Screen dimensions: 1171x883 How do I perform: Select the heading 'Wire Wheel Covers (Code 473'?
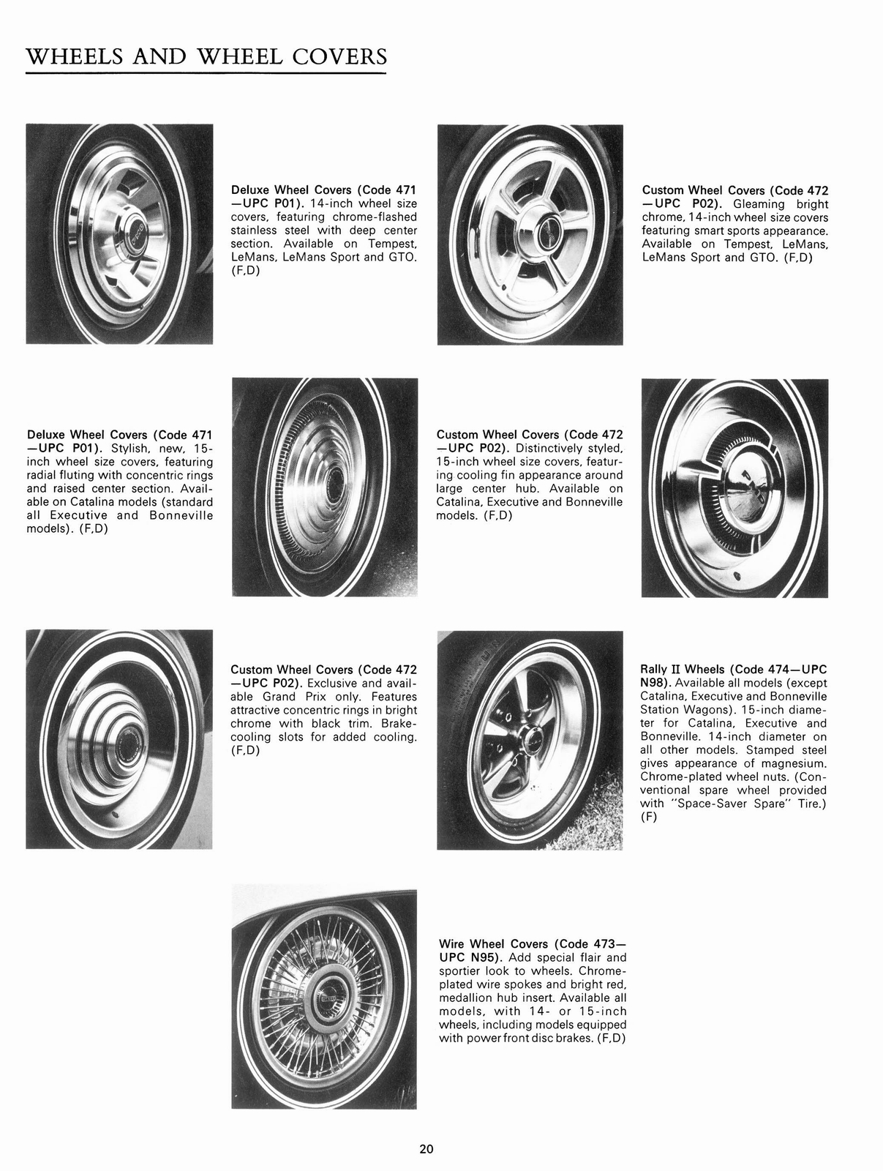[x=533, y=943]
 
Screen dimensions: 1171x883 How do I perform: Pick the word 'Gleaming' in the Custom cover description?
[x=762, y=204]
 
